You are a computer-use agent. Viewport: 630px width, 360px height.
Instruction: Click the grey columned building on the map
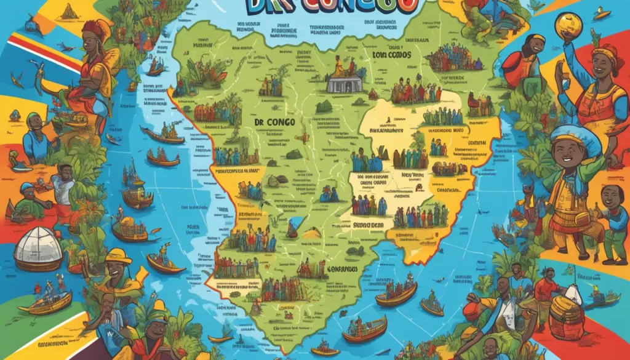click(x=344, y=83)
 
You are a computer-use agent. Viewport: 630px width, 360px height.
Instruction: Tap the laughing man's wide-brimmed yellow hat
click(x=118, y=257)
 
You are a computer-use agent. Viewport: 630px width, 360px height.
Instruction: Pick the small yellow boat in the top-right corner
click(x=600, y=13)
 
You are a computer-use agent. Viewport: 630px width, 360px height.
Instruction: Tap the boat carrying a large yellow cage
click(x=129, y=229)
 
